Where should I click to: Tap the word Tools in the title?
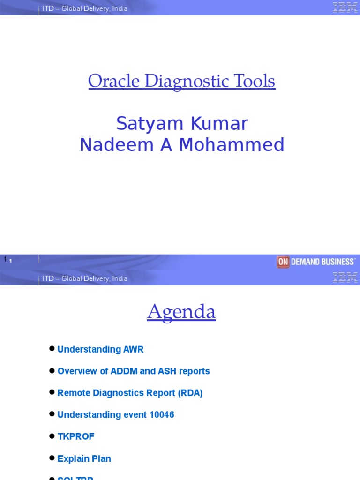click(257, 82)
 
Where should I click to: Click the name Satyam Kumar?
click(182, 124)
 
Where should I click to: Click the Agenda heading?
click(181, 312)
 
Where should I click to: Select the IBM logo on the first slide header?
click(345, 7)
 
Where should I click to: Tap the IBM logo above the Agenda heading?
click(345, 277)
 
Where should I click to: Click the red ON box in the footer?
click(283, 262)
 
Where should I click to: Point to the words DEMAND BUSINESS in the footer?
click(322, 262)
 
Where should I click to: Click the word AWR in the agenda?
click(134, 349)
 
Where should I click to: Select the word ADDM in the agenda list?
click(124, 371)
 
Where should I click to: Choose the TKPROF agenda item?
click(76, 436)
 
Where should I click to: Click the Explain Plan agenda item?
click(84, 458)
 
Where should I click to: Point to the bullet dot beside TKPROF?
click(52, 436)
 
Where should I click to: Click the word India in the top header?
click(120, 8)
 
